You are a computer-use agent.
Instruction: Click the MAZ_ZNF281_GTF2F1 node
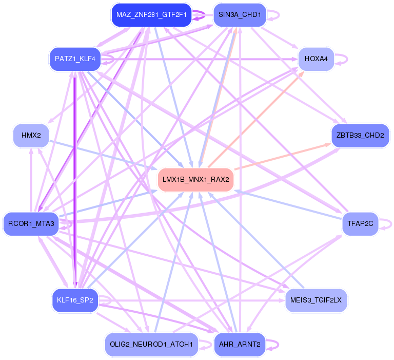pyautogui.click(x=151, y=15)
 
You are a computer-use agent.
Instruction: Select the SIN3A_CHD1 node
pyautogui.click(x=239, y=15)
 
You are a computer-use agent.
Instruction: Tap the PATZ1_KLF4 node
pyautogui.click(x=75, y=59)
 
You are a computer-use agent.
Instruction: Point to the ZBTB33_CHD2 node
pyautogui.click(x=360, y=136)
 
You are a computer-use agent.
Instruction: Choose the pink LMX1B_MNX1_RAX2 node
pyautogui.click(x=195, y=180)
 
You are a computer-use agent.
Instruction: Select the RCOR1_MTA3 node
pyautogui.click(x=31, y=224)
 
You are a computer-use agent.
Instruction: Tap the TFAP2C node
pyautogui.click(x=360, y=223)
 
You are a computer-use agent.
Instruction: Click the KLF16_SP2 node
pyautogui.click(x=75, y=300)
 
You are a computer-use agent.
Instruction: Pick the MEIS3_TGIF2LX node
pyautogui.click(x=317, y=300)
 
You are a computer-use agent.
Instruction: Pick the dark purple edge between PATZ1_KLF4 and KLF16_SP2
pyautogui.click(x=75, y=180)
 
